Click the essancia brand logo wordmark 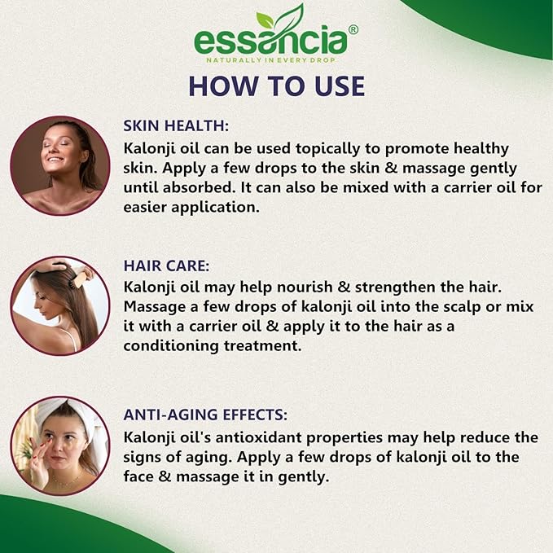(x=270, y=42)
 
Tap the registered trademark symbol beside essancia (x=353, y=29)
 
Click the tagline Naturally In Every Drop (x=270, y=60)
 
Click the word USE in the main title (x=340, y=86)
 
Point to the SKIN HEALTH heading (x=176, y=126)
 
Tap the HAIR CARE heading (x=166, y=266)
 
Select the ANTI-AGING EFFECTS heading (x=205, y=415)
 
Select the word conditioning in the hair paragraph (x=171, y=346)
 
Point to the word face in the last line (x=138, y=476)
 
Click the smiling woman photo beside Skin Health (x=60, y=166)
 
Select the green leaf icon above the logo (x=280, y=18)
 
